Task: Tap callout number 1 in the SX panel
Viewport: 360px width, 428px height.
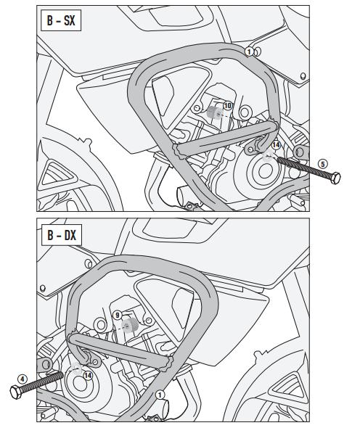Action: coord(249,52)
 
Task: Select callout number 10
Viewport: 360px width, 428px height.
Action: coord(227,107)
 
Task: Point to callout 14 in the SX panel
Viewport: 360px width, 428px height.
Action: coord(275,145)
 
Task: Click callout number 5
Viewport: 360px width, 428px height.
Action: coord(324,162)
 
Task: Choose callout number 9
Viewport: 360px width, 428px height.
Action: coord(118,315)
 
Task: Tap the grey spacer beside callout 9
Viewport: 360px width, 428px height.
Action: coord(131,325)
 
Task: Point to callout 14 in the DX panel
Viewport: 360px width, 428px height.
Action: coord(87,375)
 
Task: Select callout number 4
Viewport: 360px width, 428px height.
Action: coord(22,378)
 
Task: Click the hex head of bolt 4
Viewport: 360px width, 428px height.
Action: coord(17,392)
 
